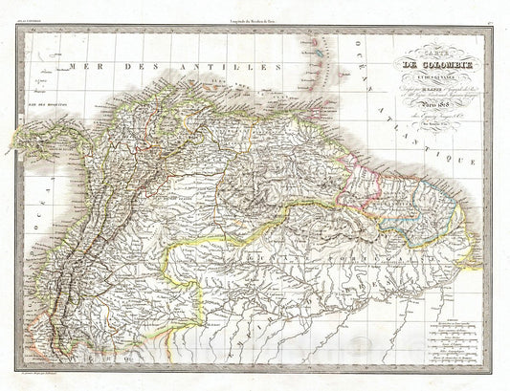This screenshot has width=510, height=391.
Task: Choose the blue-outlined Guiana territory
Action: point(431,206)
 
